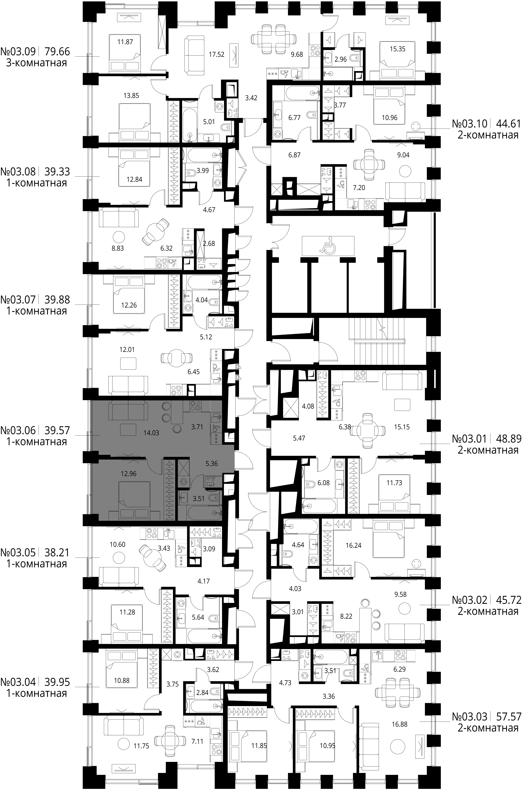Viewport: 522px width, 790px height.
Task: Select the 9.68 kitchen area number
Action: tap(297, 54)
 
